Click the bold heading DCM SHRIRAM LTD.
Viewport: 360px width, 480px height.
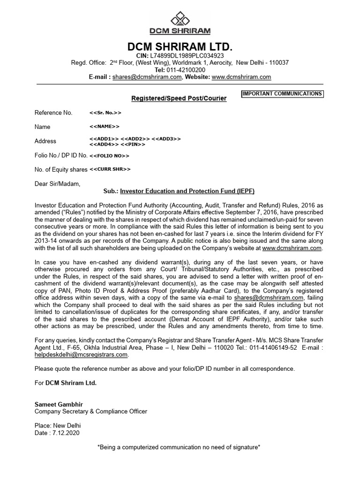point(180,47)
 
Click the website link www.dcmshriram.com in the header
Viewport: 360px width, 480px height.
point(241,77)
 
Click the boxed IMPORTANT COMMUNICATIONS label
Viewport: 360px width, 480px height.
point(282,94)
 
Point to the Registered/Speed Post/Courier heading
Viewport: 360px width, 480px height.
point(178,98)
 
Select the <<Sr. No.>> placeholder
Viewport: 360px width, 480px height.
point(105,113)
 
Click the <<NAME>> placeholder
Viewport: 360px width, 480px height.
point(104,127)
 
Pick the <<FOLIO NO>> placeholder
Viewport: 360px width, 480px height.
point(109,155)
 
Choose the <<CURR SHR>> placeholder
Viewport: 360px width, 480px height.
point(110,169)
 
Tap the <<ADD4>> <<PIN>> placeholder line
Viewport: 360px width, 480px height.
point(117,144)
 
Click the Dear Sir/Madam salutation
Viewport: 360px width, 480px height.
point(57,184)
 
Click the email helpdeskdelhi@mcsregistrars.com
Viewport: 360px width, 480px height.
point(81,355)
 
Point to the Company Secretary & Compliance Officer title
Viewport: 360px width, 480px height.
point(91,412)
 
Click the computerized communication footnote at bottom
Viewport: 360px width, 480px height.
point(179,448)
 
